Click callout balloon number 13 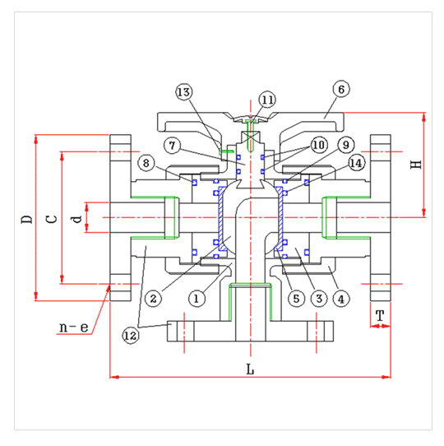pyautogui.click(x=184, y=92)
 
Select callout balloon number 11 pyautogui.click(x=267, y=100)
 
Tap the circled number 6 pyautogui.click(x=341, y=89)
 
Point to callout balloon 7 pyautogui.click(x=173, y=146)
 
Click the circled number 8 pyautogui.click(x=146, y=163)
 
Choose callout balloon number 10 pyautogui.click(x=319, y=145)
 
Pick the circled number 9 pyautogui.click(x=346, y=145)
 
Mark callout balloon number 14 pyautogui.click(x=357, y=163)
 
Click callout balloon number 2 pyautogui.click(x=153, y=299)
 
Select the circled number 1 pyautogui.click(x=197, y=299)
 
